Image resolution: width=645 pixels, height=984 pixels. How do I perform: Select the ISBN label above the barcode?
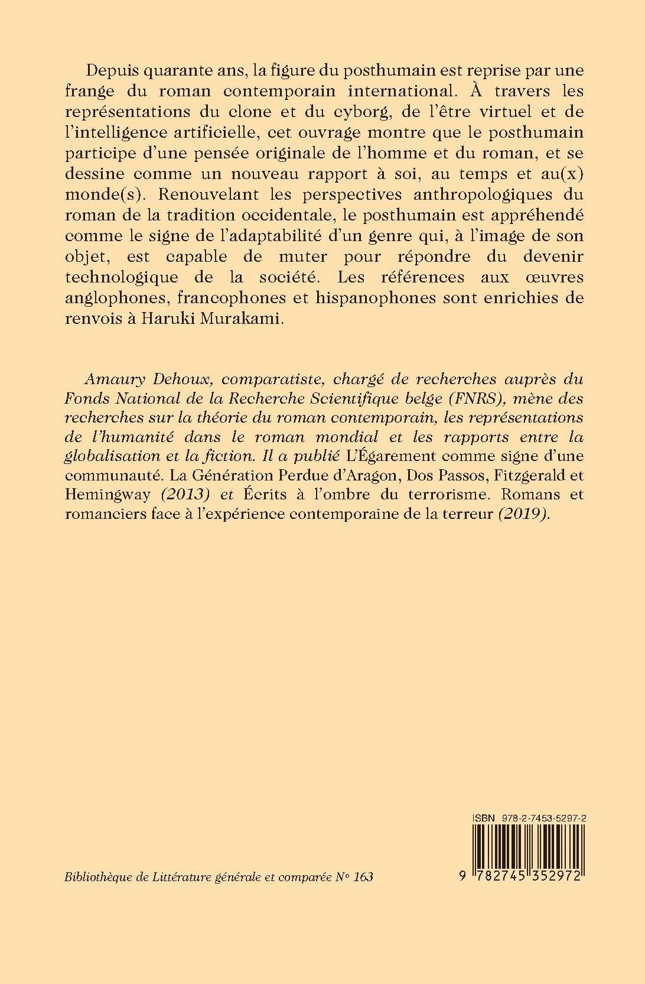483,817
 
